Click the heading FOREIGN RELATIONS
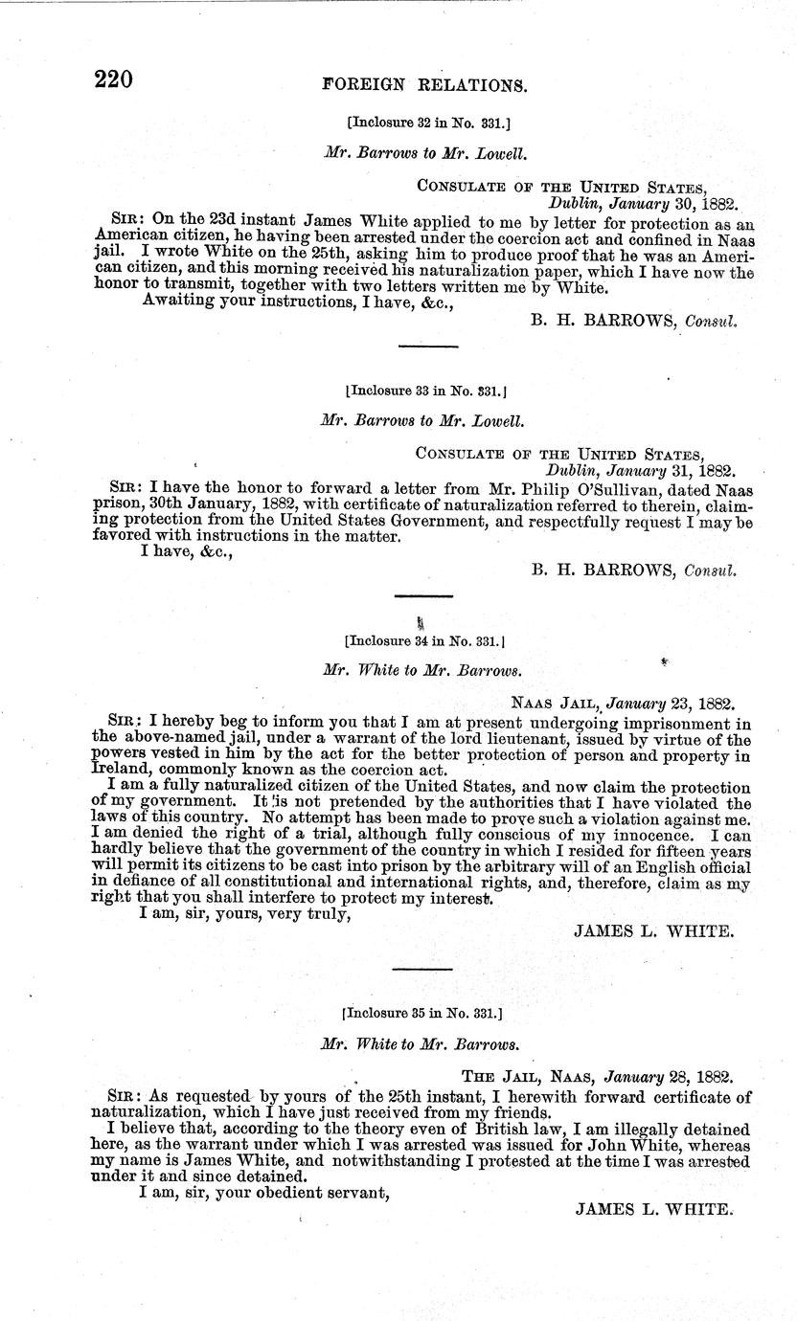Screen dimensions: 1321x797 coord(424,84)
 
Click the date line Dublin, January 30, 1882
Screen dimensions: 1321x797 coord(641,203)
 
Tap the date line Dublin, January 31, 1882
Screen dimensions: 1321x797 coord(640,470)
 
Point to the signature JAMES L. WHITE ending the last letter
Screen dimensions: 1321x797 coord(654,1209)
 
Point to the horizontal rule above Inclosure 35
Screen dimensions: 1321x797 coord(421,969)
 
